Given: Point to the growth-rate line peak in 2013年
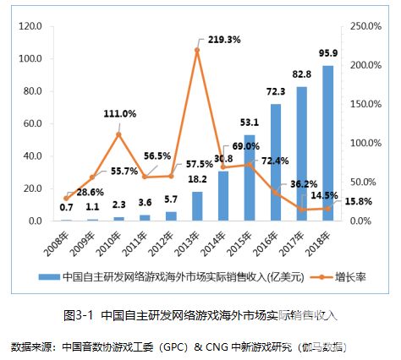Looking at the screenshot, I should click(x=197, y=50).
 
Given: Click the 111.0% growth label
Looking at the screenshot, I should click(x=119, y=113).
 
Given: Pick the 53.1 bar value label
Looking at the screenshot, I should click(x=250, y=121).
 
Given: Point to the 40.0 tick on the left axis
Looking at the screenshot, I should click(x=32, y=155).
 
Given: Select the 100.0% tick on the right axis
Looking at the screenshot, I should click(x=365, y=143).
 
